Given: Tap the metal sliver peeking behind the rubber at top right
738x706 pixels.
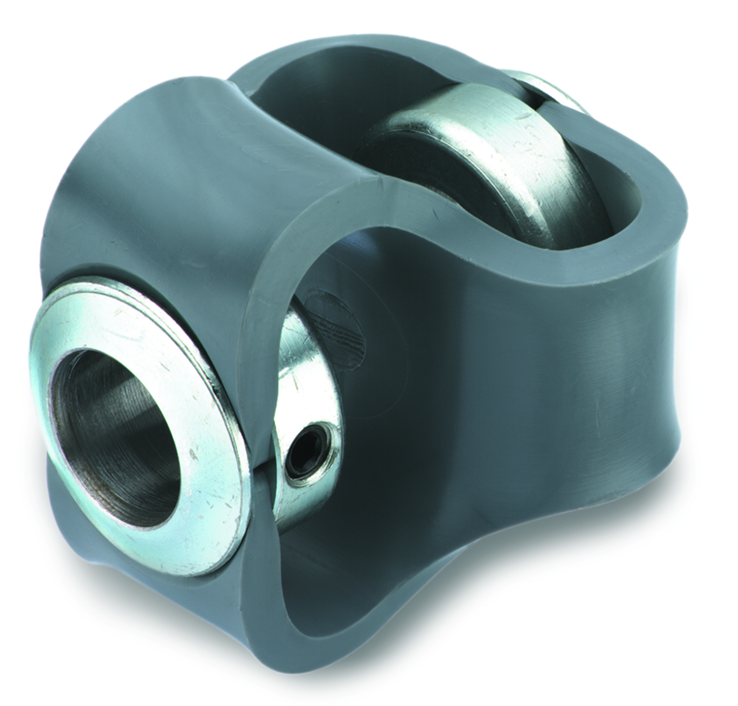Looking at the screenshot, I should pos(546,91).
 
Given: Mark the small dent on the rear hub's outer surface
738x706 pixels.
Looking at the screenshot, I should pos(522,116).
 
